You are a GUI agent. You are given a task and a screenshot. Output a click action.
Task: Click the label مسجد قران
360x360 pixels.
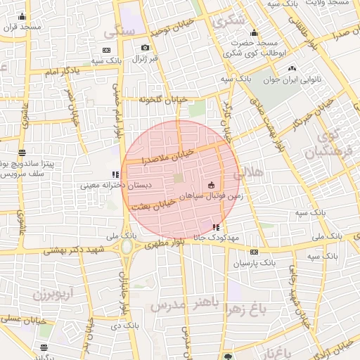point(21,27)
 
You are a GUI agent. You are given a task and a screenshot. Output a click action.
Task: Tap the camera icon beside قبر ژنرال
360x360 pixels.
point(145,49)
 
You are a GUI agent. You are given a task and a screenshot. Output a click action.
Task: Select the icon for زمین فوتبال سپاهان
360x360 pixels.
point(210,185)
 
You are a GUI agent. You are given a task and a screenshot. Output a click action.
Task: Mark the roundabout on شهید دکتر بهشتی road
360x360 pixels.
point(127,247)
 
